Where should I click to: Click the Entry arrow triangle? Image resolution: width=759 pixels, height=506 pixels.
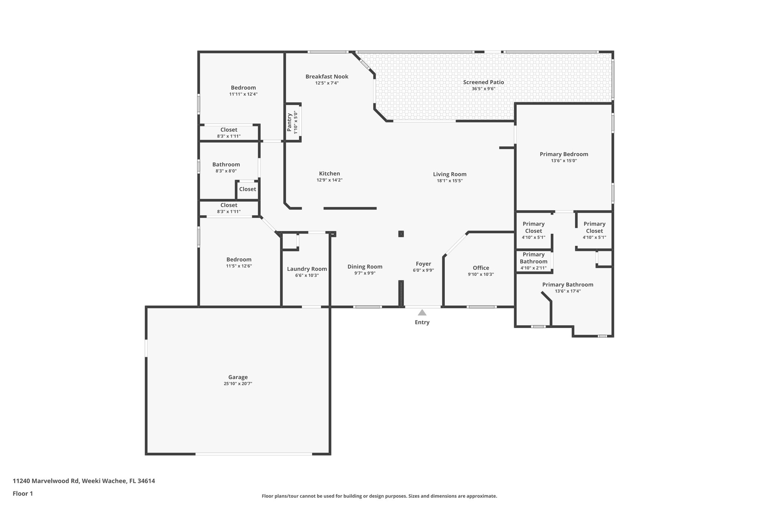[422, 312]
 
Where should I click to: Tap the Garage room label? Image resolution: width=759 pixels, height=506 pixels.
[238, 377]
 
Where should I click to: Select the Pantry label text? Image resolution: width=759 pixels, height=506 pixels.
[289, 122]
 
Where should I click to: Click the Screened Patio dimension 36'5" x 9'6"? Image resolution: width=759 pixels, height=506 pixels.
[483, 89]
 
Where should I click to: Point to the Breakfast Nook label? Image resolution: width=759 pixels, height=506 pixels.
[327, 77]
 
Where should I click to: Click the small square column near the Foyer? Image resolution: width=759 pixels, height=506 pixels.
[401, 234]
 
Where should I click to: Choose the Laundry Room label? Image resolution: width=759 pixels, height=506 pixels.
[307, 269]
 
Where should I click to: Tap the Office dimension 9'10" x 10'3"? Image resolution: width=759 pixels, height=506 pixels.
[481, 274]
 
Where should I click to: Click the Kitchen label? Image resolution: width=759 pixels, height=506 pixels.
[329, 173]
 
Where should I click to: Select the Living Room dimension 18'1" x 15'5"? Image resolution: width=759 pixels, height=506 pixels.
[450, 181]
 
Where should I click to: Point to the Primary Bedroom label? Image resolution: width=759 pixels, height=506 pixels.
[563, 154]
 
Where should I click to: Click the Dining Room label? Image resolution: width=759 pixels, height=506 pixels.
[365, 267]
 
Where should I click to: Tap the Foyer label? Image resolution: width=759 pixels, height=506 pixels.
[423, 264]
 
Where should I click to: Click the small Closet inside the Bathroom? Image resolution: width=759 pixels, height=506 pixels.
[247, 189]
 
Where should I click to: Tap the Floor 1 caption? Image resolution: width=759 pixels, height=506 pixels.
[23, 493]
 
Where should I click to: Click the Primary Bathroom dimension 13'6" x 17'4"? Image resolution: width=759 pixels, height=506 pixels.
[567, 291]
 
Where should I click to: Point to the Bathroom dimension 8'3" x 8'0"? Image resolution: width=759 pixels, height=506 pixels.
[226, 171]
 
